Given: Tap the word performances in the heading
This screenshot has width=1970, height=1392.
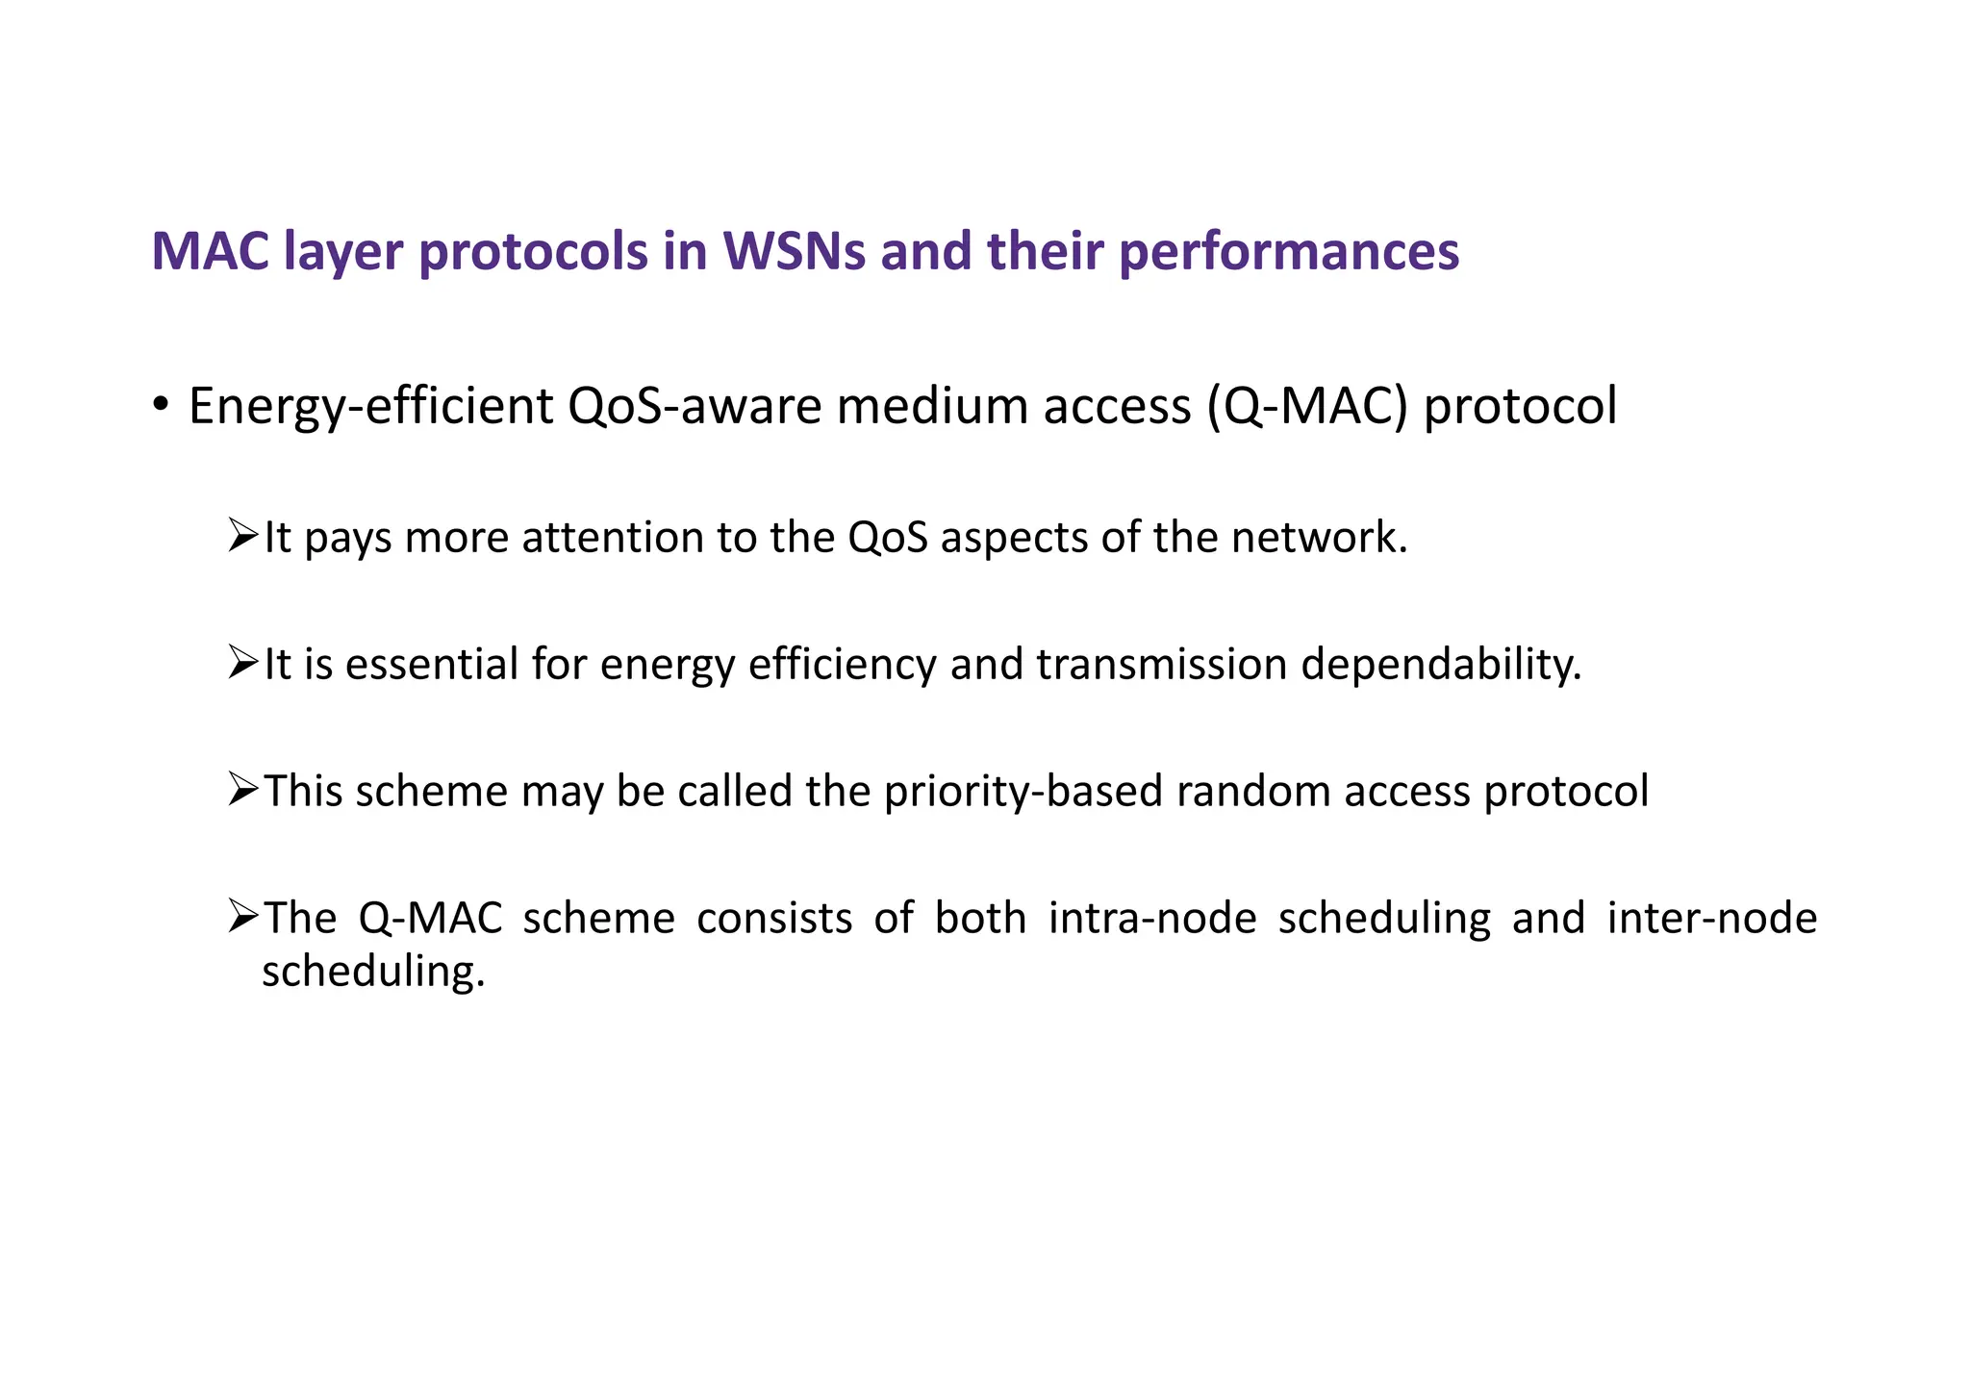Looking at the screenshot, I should (x=1289, y=253).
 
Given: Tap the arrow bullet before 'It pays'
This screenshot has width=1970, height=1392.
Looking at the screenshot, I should (x=243, y=535).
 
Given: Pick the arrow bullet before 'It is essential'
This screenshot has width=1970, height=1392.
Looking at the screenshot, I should (x=243, y=662).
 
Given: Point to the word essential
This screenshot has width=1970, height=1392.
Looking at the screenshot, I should (x=432, y=664).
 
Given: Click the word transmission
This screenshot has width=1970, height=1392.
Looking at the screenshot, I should (x=1162, y=664).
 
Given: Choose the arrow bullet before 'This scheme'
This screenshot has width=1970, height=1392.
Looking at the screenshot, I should (x=243, y=789).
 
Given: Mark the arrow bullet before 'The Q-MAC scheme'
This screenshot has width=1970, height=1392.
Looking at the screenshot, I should (x=243, y=916).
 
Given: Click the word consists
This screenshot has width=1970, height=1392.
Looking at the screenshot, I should (x=774, y=918).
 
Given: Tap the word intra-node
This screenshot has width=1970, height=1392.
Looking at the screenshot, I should (x=1152, y=918).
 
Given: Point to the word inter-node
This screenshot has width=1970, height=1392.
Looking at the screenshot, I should (x=1712, y=918).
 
